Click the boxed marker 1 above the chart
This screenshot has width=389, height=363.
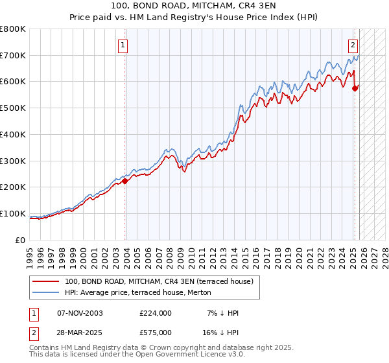[123, 45]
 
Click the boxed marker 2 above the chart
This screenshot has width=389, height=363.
[353, 45]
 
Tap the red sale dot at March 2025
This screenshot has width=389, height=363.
[355, 89]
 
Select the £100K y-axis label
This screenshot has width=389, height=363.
[13, 213]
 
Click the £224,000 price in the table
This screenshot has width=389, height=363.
[155, 313]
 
